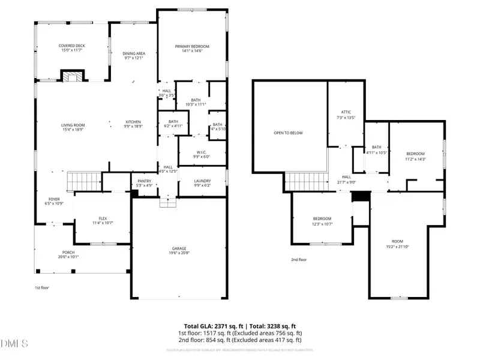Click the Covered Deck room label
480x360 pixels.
pos(71,46)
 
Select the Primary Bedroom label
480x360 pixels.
pos(192,46)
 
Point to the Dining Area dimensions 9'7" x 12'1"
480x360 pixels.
pos(134,58)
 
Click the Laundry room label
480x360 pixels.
pos(202,182)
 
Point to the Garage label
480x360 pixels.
pos(179,248)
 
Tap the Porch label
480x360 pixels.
pos(69,253)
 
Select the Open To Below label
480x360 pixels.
pos(288,133)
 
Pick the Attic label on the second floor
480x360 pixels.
pos(346,112)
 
